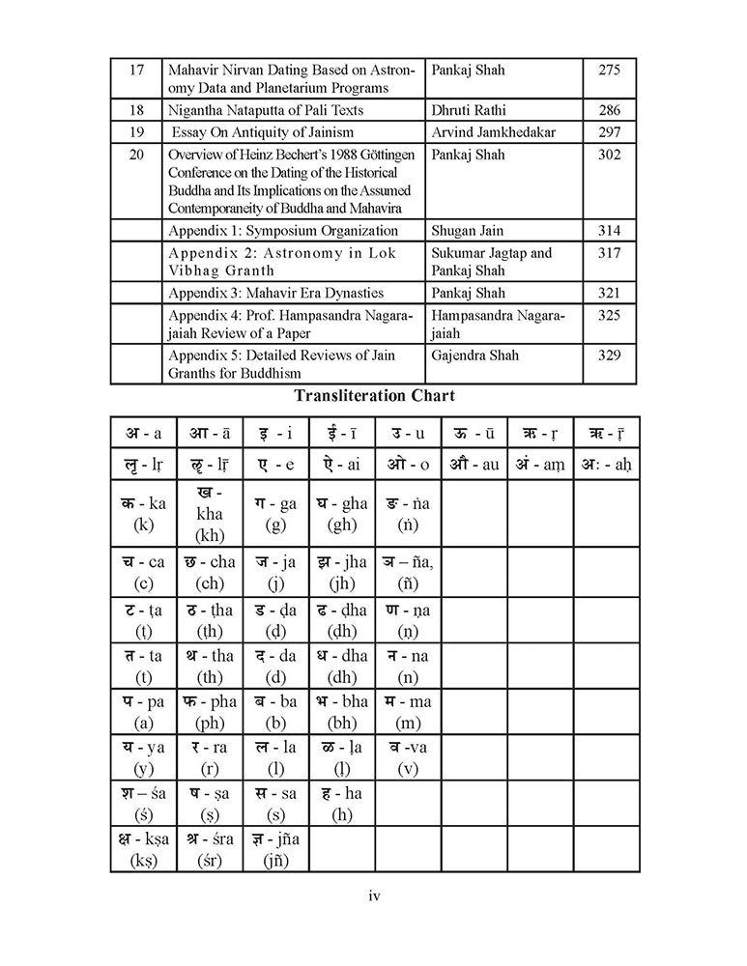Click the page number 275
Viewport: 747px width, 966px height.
(609, 71)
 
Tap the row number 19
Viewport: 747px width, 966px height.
(136, 132)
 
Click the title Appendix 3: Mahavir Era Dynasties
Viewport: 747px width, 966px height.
(275, 293)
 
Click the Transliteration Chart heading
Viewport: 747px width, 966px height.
(374, 395)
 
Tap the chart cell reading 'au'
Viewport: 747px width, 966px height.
(474, 465)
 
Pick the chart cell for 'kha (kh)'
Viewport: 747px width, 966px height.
(209, 515)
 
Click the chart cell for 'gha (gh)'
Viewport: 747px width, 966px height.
(341, 515)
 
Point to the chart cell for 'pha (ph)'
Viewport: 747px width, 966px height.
(209, 714)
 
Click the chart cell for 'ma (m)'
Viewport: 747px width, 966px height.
(407, 714)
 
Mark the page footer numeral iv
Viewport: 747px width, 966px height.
(375, 896)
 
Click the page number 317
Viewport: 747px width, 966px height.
(609, 253)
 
